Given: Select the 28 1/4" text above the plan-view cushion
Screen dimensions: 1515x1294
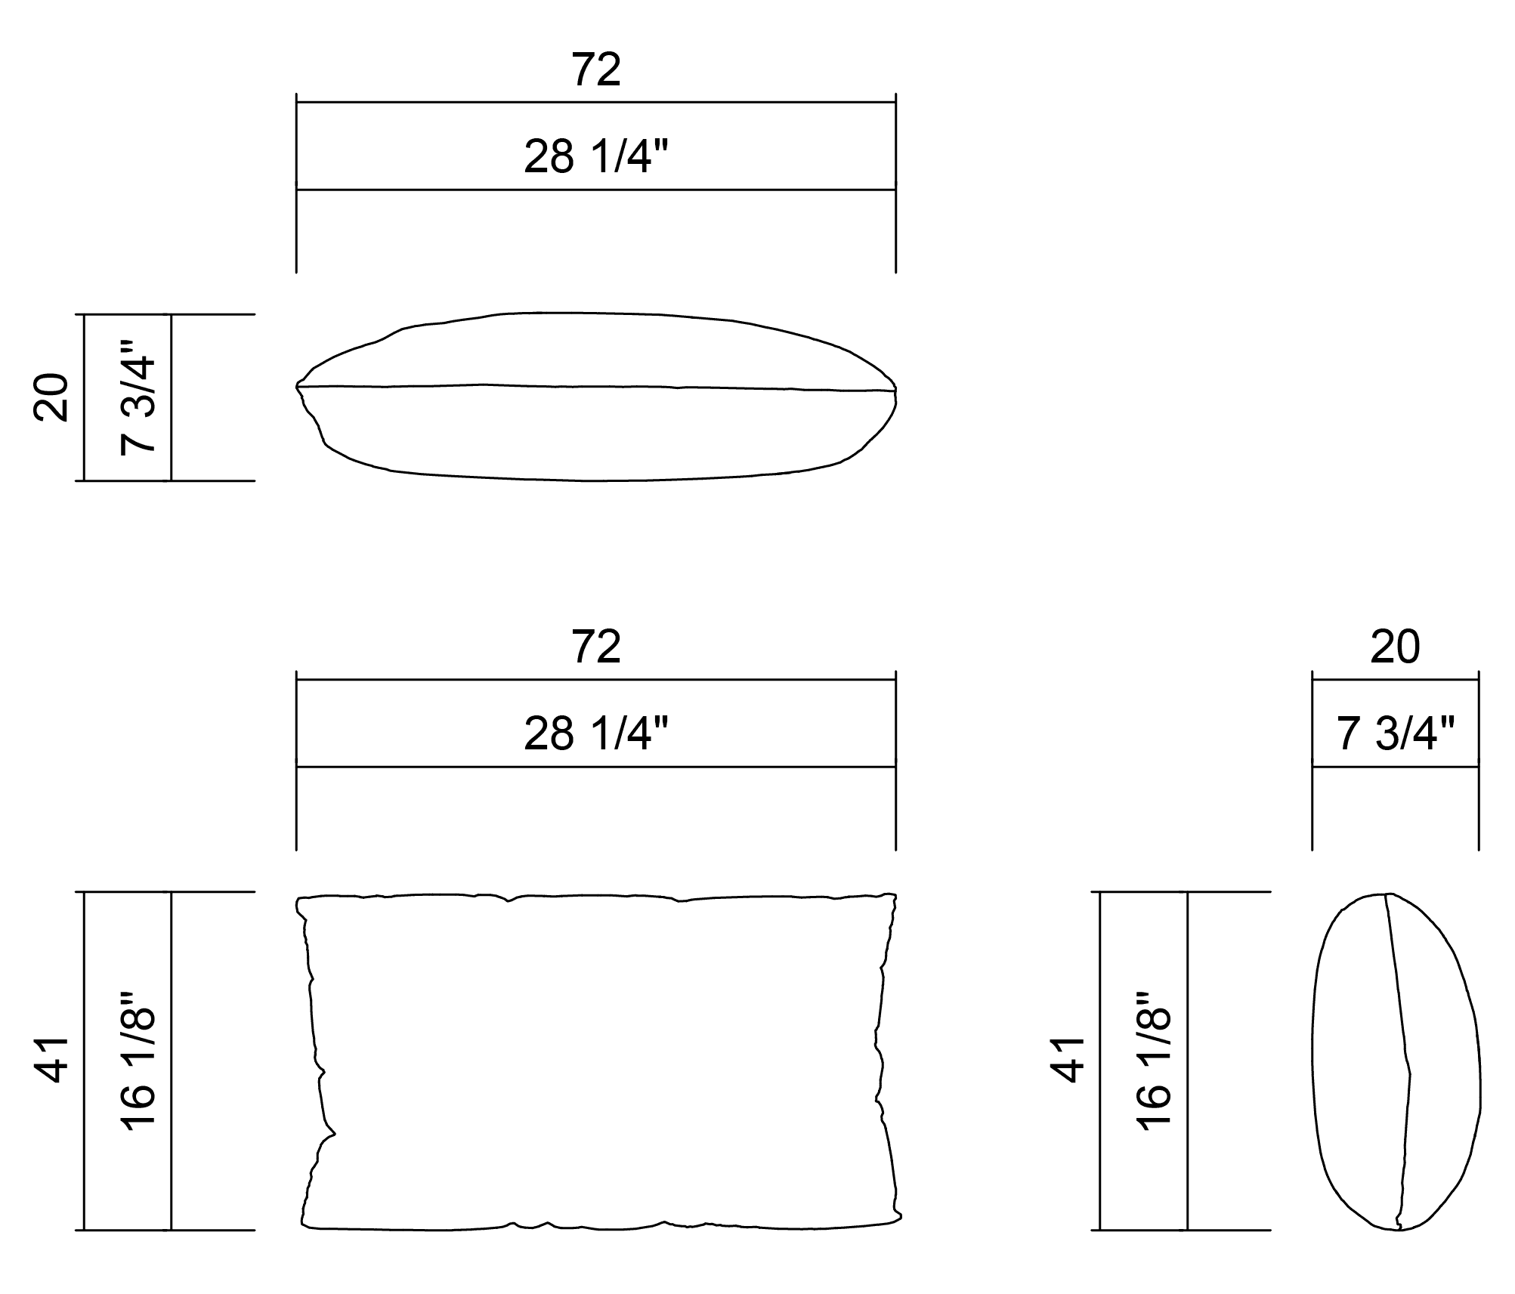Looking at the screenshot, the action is (x=596, y=157).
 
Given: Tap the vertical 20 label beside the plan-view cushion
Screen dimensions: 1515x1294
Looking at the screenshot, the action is (x=52, y=397).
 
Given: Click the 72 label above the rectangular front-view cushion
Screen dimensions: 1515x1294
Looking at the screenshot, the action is (x=596, y=647).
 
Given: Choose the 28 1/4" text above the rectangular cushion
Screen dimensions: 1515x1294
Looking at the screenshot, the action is (x=596, y=733).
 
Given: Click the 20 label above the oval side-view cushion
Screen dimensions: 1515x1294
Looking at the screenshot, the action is (x=1395, y=647).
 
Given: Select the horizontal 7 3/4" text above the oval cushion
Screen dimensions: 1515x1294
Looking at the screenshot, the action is (x=1395, y=733).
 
